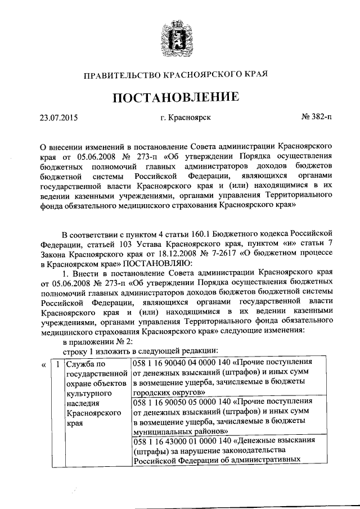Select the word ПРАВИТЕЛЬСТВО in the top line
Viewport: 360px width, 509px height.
click(x=122, y=74)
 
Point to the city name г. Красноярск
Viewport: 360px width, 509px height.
click(x=185, y=118)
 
